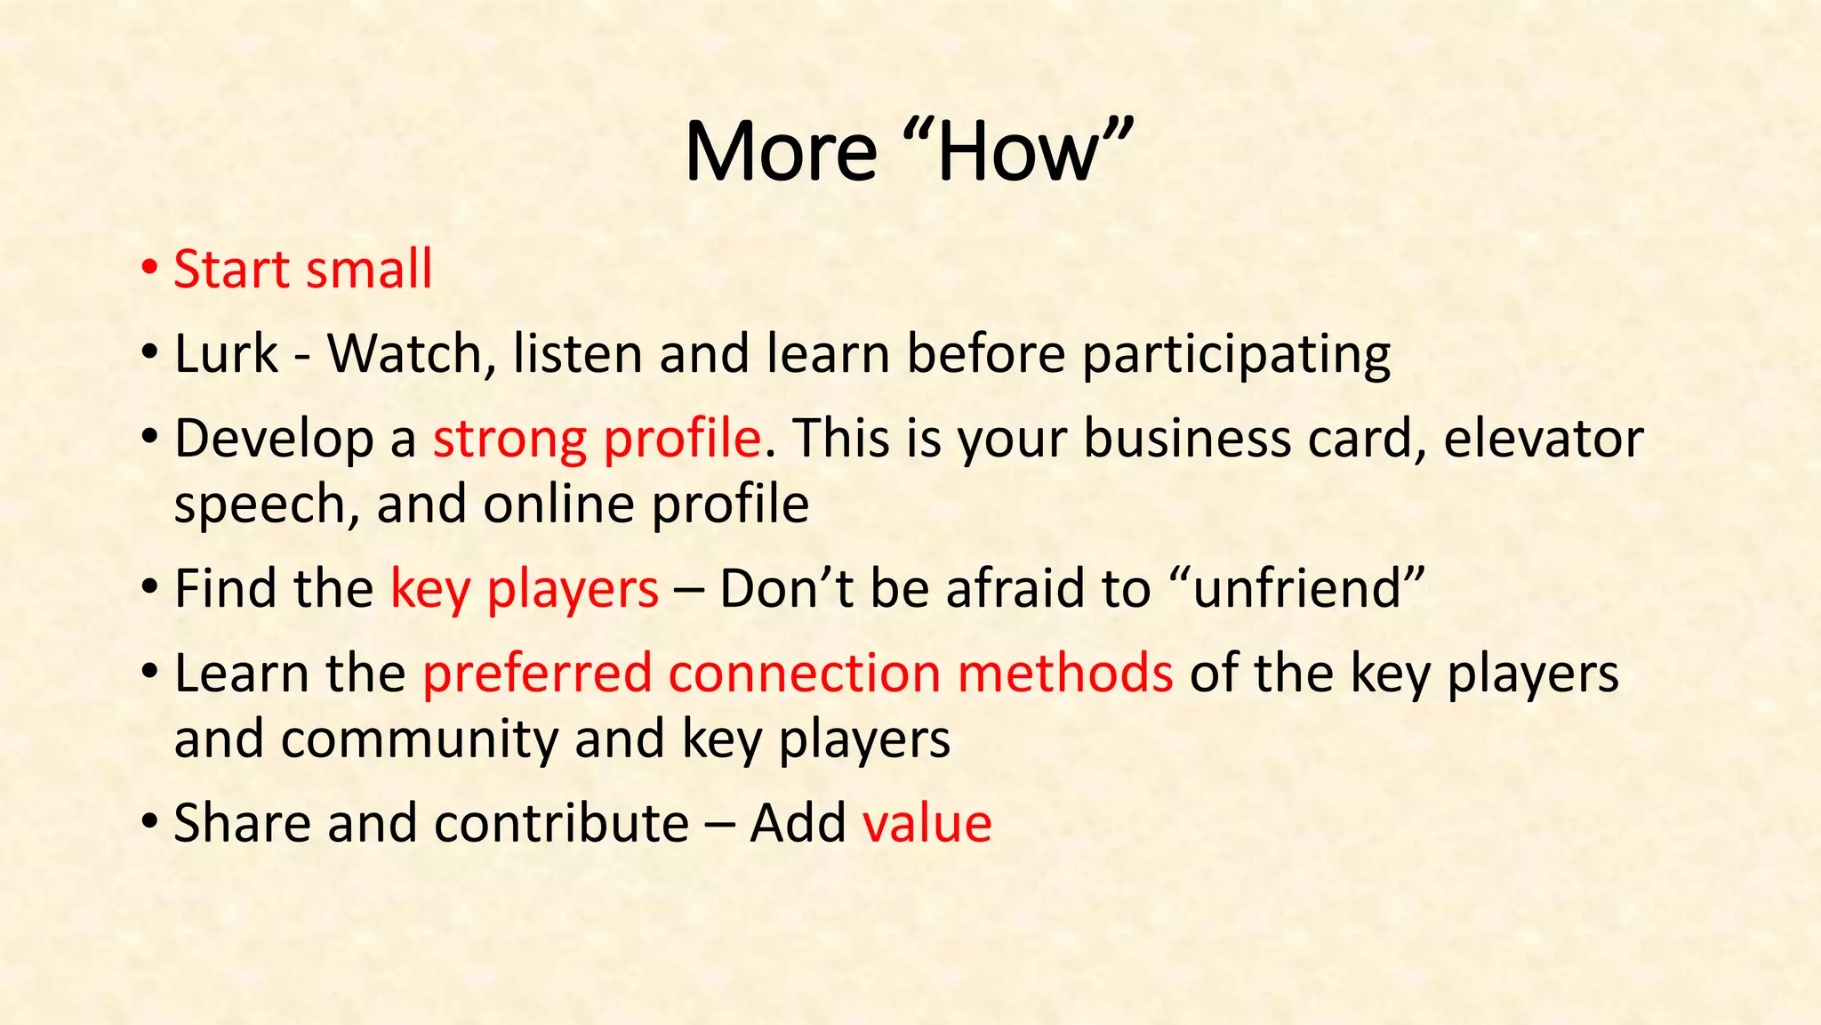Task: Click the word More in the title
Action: [781, 151]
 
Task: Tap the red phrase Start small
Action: [302, 270]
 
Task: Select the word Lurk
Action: [226, 354]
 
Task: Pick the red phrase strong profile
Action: [597, 440]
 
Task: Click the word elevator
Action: [1543, 440]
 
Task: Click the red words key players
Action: [525, 590]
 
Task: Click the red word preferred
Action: [537, 674]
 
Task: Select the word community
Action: [420, 739]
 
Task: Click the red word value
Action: [927, 823]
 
